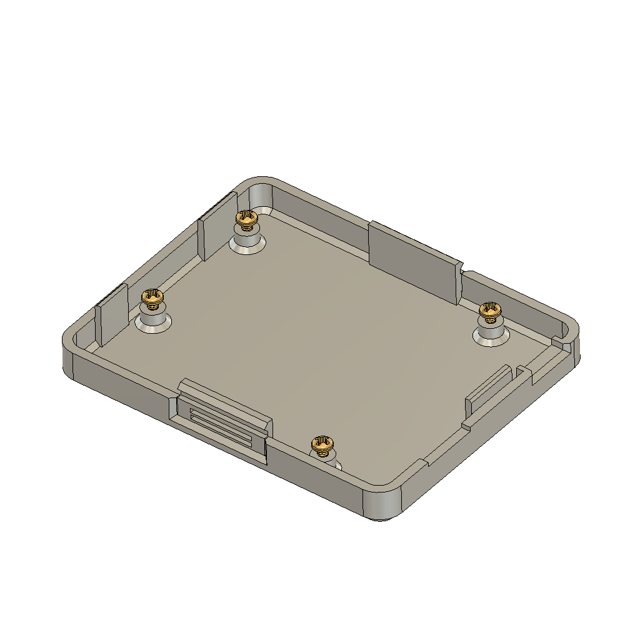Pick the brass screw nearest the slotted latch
323,445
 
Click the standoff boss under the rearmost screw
247,240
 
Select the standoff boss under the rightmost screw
491,331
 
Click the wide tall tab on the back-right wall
412,262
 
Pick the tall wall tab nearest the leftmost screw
111,315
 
